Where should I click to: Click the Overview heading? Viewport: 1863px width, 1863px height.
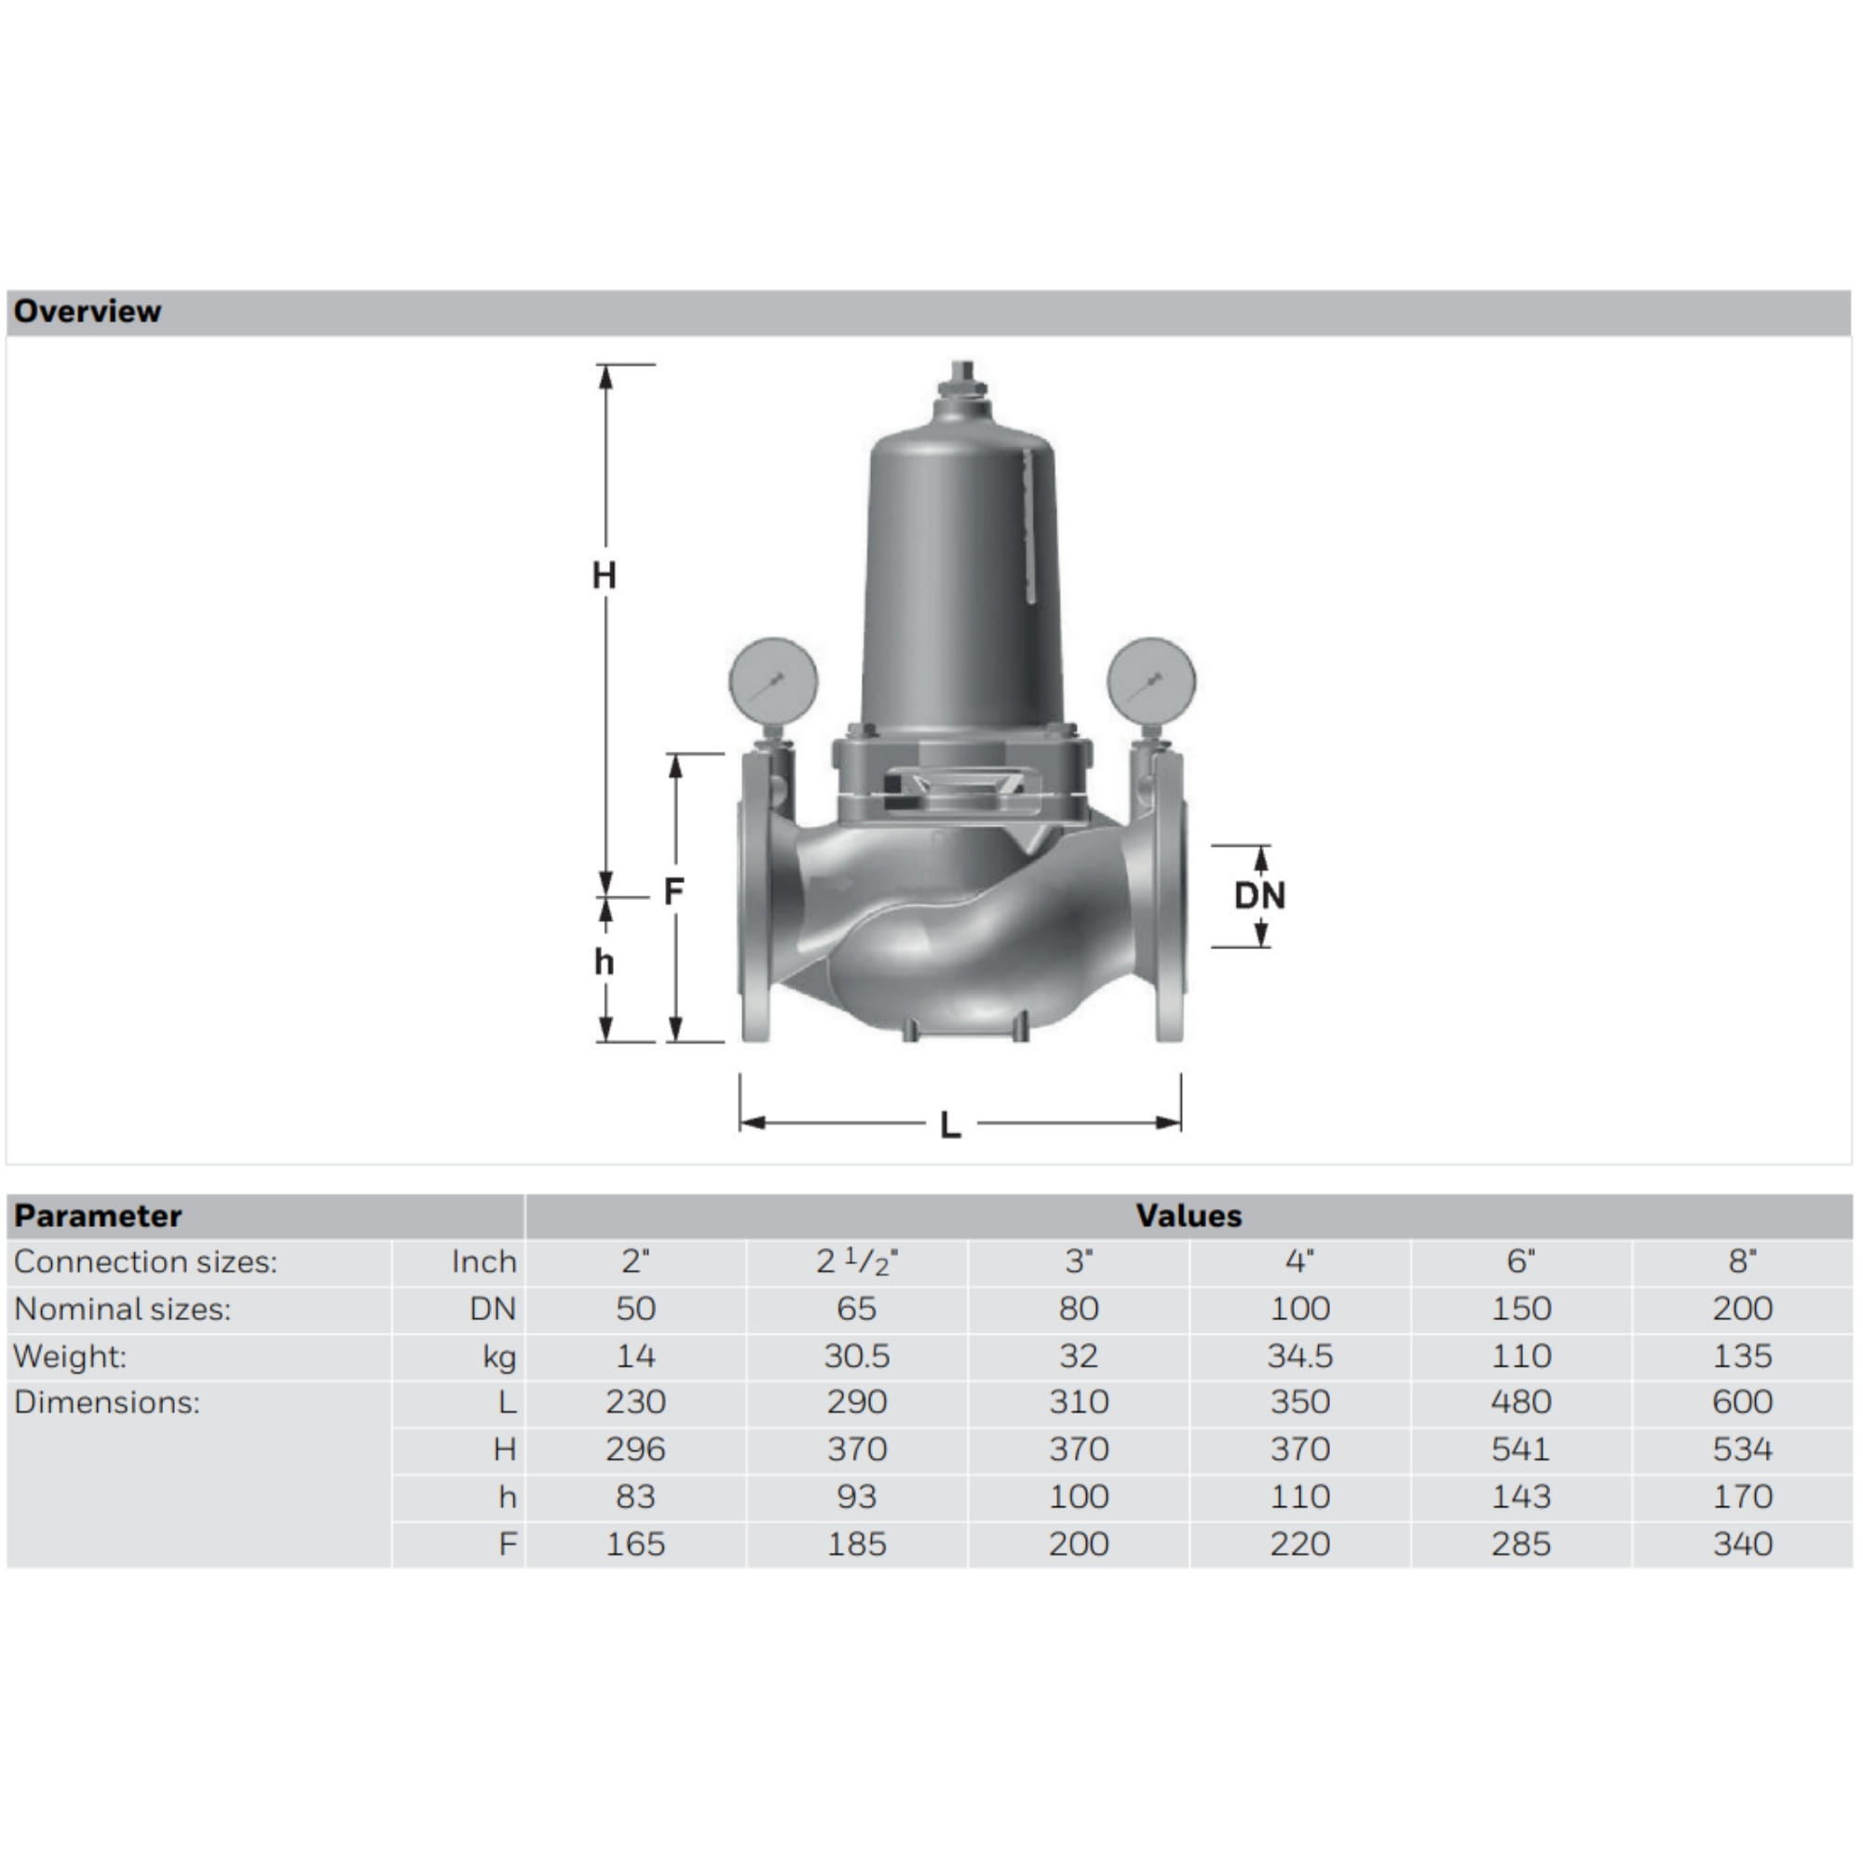[x=87, y=311]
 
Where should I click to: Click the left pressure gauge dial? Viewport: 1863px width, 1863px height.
[x=773, y=681]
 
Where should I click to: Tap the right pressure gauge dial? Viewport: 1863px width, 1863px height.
[x=1151, y=681]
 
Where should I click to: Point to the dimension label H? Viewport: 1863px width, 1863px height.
[x=604, y=576]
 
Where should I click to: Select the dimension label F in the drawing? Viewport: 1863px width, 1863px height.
[x=674, y=891]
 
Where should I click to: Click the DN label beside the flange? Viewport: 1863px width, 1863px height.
[x=1259, y=896]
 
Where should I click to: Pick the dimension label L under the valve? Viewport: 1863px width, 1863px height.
[x=951, y=1125]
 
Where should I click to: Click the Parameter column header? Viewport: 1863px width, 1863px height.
[x=98, y=1216]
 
